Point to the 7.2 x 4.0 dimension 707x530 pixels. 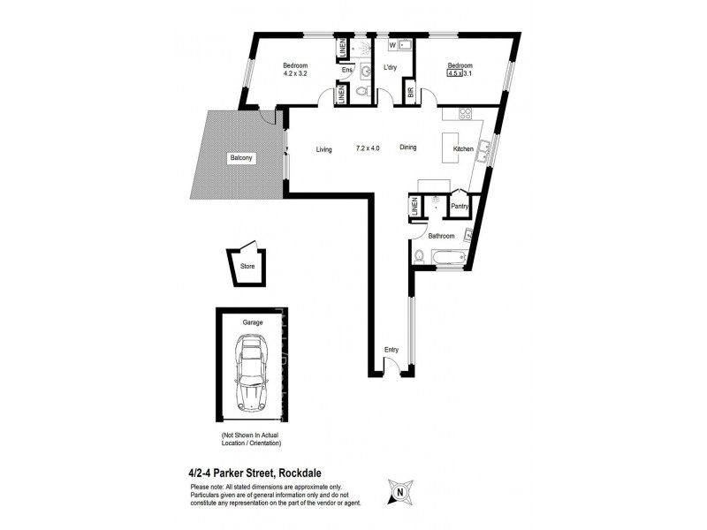(x=368, y=149)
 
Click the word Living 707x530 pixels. (x=323, y=150)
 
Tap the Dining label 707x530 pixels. (x=407, y=148)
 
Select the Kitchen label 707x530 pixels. (x=463, y=150)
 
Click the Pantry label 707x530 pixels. (x=460, y=207)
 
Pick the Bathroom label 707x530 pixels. (x=441, y=236)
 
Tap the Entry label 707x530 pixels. (x=392, y=350)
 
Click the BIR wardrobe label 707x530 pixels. (x=410, y=91)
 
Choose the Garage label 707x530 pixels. (x=252, y=323)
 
